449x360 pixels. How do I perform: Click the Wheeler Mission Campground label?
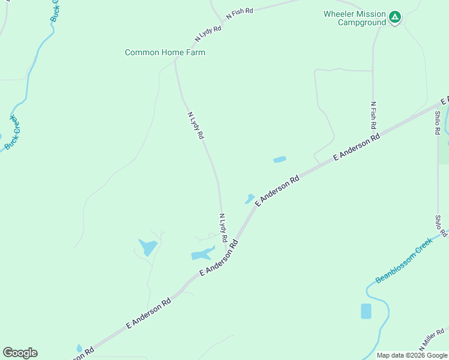(354, 18)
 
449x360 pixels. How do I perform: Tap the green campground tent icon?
(394, 17)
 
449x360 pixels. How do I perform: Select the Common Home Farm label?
(165, 52)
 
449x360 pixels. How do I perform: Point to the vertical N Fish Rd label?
(373, 116)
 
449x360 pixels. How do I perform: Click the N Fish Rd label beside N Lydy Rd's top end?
(240, 13)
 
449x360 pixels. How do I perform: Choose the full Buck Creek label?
(12, 133)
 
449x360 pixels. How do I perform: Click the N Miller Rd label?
(432, 340)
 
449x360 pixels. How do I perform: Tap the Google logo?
(20, 352)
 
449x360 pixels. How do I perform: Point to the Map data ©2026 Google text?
(412, 355)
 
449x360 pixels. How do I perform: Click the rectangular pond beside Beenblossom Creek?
(366, 311)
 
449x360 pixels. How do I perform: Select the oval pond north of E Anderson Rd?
(280, 160)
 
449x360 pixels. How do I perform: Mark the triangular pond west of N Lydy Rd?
(148, 247)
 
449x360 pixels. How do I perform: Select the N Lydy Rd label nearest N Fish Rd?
(208, 34)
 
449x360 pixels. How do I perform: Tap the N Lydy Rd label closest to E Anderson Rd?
(223, 224)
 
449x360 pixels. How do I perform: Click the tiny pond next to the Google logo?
(79, 348)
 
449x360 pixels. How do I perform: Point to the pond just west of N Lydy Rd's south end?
(202, 254)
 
